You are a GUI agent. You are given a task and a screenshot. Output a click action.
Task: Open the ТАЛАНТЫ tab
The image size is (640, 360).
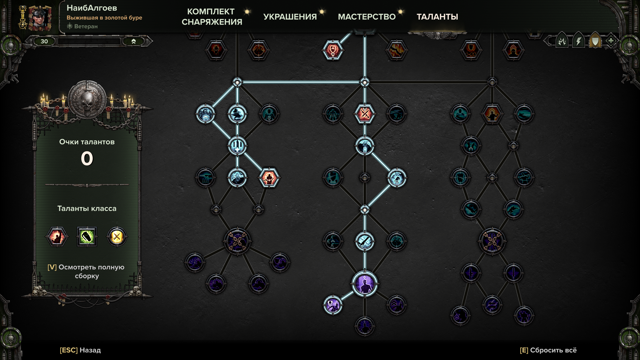(x=437, y=17)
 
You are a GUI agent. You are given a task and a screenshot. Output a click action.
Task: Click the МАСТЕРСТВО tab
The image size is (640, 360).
(x=367, y=17)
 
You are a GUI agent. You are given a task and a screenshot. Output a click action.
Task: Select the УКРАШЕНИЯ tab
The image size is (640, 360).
(x=290, y=17)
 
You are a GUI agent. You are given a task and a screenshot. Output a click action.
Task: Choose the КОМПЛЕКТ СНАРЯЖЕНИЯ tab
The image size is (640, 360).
(x=212, y=17)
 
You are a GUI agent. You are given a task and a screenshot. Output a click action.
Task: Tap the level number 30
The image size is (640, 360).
(x=44, y=41)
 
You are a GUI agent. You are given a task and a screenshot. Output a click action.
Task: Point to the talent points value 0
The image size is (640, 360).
(x=87, y=158)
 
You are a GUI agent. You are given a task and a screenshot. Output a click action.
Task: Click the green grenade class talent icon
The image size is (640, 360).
(x=87, y=237)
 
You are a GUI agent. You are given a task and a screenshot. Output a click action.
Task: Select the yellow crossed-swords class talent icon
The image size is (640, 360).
(x=117, y=237)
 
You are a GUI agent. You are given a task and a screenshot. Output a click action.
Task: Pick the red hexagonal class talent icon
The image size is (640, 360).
(x=57, y=237)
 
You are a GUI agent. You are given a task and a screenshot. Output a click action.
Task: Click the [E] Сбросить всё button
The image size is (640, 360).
(x=548, y=350)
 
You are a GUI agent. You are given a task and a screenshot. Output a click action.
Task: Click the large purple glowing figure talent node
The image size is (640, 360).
(x=365, y=284)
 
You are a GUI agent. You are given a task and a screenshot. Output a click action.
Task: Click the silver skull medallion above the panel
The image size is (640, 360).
(x=87, y=99)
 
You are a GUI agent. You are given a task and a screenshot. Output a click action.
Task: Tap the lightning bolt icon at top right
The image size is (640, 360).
(x=579, y=41)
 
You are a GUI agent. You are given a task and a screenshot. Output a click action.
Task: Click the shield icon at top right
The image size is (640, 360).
(x=595, y=41)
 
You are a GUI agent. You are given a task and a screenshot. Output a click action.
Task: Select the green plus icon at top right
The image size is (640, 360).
(x=611, y=41)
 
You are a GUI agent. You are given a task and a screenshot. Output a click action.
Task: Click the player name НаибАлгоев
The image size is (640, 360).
(x=92, y=8)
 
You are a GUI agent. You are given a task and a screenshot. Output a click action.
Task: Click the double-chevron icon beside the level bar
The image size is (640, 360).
(x=134, y=41)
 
